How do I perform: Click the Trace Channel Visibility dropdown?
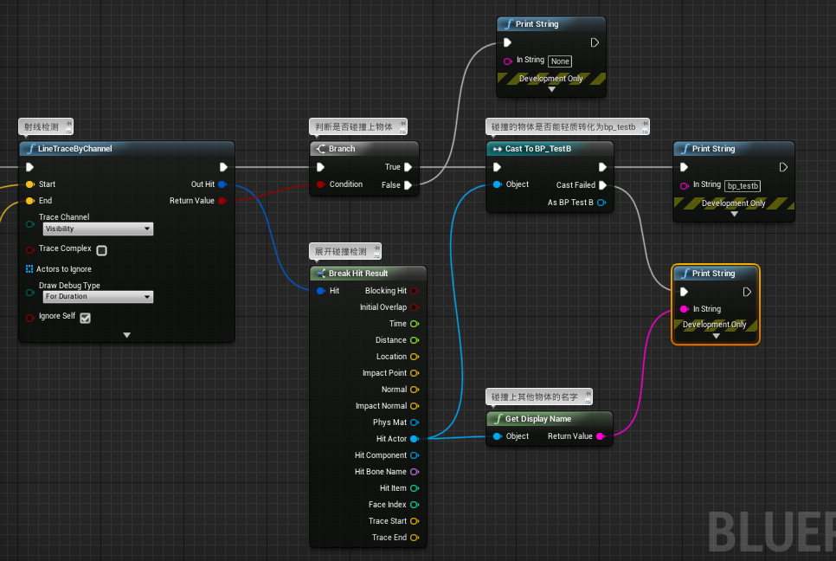coord(98,229)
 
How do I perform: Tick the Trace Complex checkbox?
coord(101,250)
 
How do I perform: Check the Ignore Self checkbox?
coord(85,318)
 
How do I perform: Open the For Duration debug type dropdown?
coord(98,296)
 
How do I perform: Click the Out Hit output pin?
coord(222,184)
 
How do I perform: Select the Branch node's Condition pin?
coord(321,184)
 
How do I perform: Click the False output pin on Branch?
coord(408,184)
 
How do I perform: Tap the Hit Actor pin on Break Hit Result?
coord(414,439)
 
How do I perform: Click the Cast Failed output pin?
coord(602,185)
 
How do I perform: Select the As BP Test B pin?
coord(601,203)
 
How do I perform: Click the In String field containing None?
coord(560,61)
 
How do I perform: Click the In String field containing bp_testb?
coord(743,185)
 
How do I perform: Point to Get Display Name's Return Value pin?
coord(601,436)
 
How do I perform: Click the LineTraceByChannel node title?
coord(75,149)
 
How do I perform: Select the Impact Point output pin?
coord(414,373)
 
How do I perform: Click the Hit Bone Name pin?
coord(414,472)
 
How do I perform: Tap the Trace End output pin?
coord(414,538)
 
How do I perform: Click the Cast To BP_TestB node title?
coord(537,149)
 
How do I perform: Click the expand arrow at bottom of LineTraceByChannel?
coord(126,335)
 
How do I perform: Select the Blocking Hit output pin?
coord(414,291)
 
